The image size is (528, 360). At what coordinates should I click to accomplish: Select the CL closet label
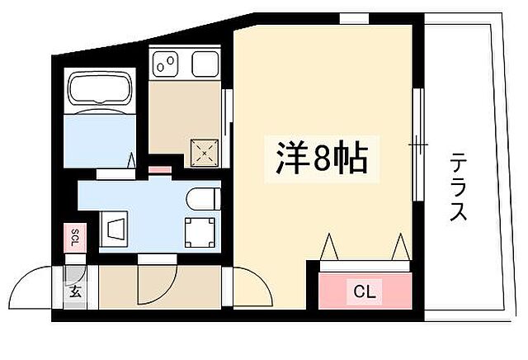(364, 291)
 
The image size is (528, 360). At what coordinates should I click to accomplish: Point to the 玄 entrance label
(75, 290)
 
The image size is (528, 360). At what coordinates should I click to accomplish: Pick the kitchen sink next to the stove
(202, 61)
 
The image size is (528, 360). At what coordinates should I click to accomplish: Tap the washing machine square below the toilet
(199, 233)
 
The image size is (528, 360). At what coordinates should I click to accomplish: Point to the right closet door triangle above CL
(400, 247)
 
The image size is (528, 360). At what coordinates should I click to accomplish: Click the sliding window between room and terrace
(418, 144)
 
